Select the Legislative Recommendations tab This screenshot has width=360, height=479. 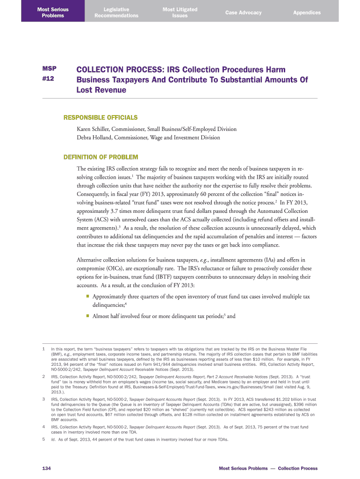[x=116, y=12]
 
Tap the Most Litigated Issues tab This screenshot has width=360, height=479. [x=180, y=12]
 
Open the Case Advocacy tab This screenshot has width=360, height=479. [x=243, y=13]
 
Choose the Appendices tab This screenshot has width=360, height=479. [x=307, y=13]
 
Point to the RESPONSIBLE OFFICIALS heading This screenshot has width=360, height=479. [x=101, y=117]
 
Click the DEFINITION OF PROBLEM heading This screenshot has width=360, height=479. [x=101, y=156]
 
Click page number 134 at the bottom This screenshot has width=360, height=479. [x=46, y=468]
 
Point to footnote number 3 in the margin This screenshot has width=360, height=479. [x=43, y=399]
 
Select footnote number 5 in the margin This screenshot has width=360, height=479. [x=43, y=439]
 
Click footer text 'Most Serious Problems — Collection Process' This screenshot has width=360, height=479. [x=268, y=468]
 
